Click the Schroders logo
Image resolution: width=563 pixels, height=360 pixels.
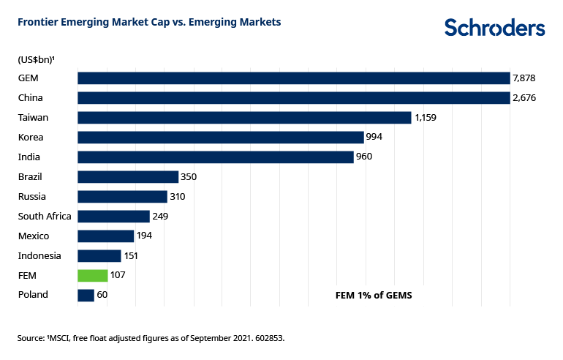(x=494, y=28)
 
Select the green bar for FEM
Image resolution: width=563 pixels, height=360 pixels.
(x=93, y=275)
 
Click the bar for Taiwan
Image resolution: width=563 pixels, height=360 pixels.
(x=244, y=117)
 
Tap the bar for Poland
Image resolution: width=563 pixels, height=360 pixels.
(x=86, y=295)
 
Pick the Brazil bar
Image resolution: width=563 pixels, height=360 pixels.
(x=128, y=176)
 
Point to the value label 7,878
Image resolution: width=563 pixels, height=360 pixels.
(x=525, y=78)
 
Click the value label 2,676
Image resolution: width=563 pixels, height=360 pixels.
(x=525, y=97)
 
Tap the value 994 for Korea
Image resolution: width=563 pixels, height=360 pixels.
(x=375, y=137)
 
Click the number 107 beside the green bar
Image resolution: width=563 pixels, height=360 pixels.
(x=118, y=275)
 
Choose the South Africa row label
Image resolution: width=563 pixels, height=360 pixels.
(x=45, y=216)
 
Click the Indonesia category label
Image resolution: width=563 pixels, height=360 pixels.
(x=40, y=255)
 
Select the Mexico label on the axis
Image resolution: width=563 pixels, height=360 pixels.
(x=34, y=236)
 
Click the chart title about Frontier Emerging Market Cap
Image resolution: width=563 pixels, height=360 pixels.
(x=149, y=23)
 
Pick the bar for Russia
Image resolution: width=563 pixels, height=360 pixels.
(x=122, y=196)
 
